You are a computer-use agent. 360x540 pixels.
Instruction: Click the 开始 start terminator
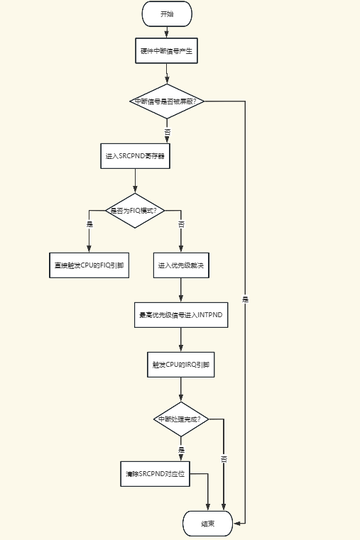(x=167, y=14)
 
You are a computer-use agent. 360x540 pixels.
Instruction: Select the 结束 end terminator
(x=207, y=524)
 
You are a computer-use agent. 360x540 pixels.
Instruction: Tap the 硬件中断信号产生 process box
(x=167, y=52)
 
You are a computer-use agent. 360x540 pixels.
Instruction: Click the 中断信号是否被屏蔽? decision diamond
(x=168, y=101)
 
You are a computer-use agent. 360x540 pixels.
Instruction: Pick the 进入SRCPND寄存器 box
(x=135, y=156)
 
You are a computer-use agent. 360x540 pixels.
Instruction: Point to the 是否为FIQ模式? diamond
(x=135, y=211)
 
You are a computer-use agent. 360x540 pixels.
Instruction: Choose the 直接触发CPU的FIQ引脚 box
(x=89, y=265)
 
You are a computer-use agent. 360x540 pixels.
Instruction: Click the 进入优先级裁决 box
(x=181, y=265)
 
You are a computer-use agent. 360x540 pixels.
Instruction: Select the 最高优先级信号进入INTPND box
(x=181, y=315)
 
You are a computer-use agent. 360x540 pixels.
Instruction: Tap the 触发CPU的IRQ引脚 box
(x=181, y=365)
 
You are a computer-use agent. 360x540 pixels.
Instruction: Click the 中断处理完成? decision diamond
(x=181, y=419)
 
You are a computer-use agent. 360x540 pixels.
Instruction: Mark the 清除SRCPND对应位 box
(x=154, y=473)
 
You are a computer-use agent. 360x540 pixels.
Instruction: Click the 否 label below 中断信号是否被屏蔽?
(x=168, y=132)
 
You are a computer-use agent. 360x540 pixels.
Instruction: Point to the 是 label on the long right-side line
(x=245, y=299)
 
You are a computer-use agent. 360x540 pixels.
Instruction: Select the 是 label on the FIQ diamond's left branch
(x=89, y=224)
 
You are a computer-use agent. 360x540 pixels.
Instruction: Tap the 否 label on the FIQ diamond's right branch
(x=181, y=224)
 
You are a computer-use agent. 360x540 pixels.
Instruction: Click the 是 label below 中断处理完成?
(x=181, y=450)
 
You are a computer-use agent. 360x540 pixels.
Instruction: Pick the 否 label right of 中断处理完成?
(x=224, y=459)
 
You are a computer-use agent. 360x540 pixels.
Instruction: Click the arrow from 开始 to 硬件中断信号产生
(x=167, y=32)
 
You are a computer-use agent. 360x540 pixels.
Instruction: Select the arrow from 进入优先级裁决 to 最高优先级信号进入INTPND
(x=181, y=290)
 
